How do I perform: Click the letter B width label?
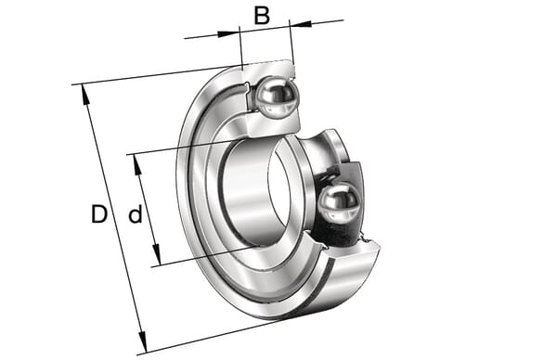click(262, 16)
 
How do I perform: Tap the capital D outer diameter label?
click(99, 214)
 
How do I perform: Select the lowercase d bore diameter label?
click(136, 214)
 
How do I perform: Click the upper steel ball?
click(276, 97)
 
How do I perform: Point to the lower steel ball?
click(339, 203)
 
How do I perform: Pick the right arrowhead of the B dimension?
click(301, 24)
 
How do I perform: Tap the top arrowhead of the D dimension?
click(84, 94)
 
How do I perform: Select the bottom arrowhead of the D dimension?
click(142, 342)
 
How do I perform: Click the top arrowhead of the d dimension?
click(137, 164)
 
